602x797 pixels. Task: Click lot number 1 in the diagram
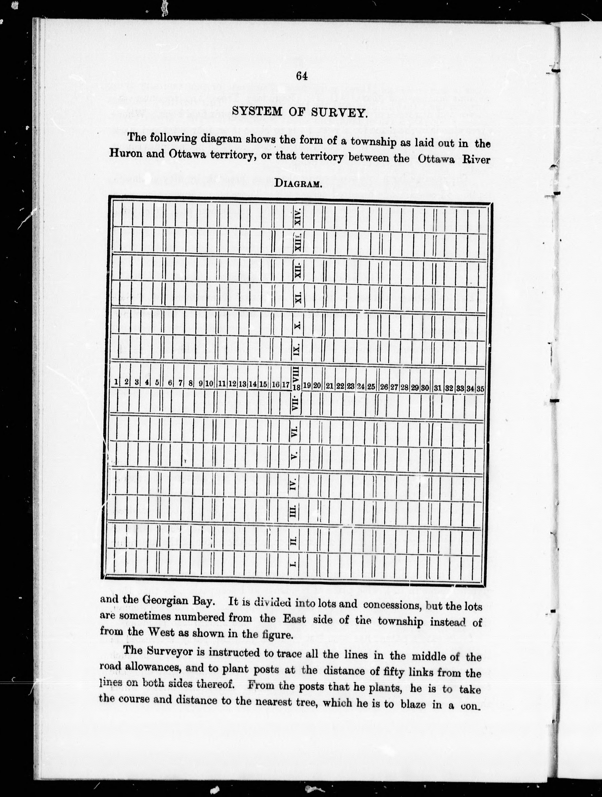coord(116,382)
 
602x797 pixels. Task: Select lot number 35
coord(480,389)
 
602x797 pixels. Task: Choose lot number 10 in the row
coord(209,384)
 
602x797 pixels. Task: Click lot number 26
coord(384,387)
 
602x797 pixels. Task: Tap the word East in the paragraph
coord(294,619)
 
